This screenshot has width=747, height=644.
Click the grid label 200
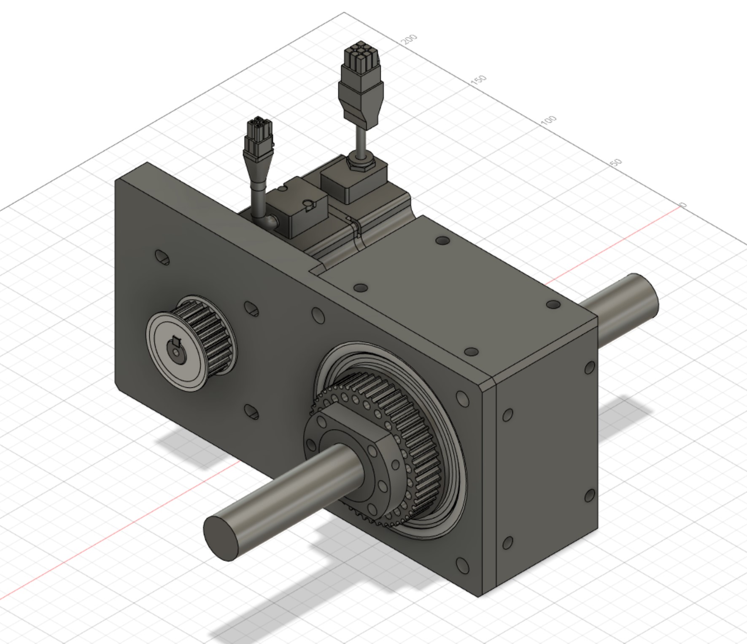pyautogui.click(x=409, y=39)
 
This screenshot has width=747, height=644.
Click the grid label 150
pyautogui.click(x=478, y=80)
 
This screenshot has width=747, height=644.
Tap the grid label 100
pyautogui.click(x=548, y=120)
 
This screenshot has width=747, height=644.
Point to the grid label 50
pyautogui.click(x=616, y=162)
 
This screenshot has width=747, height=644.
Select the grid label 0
pyautogui.click(x=683, y=205)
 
